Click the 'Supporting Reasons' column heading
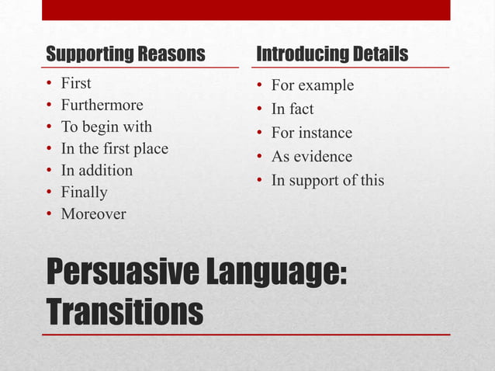126,55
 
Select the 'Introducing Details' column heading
332,55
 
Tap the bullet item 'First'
76,84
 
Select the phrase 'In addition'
97,171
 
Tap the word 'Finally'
85,192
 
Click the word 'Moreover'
93,214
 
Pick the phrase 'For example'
312,85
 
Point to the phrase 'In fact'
292,109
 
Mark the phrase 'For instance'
311,133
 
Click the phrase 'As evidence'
311,158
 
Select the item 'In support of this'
327,182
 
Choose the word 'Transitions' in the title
125,312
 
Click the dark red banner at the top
246,10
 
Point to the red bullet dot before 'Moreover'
50,214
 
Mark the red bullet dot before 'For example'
259,85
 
